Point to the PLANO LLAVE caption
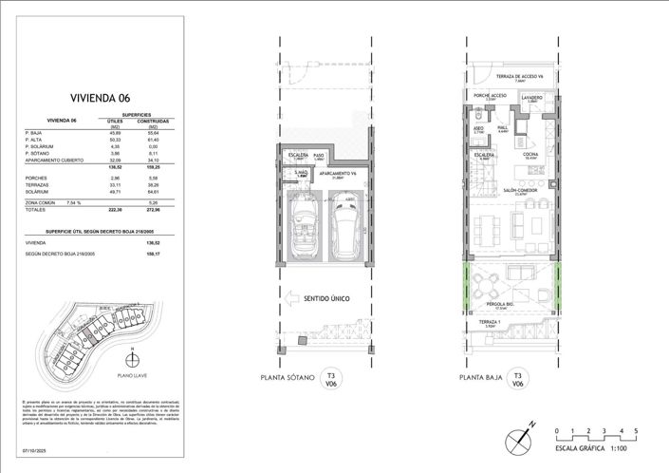pyautogui.click(x=130, y=375)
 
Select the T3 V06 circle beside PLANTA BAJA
pyautogui.click(x=518, y=378)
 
